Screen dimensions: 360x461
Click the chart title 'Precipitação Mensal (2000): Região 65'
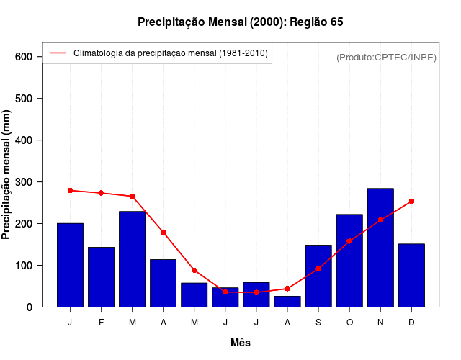pos(241,22)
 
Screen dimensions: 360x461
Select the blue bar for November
pos(380,248)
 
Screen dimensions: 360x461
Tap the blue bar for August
pos(287,302)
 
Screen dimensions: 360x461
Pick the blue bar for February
pos(101,277)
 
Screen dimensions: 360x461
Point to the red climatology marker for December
pos(411,202)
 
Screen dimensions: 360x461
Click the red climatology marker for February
pos(101,193)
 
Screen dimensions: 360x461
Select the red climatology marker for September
pos(318,269)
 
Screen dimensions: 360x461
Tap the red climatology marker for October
pos(349,241)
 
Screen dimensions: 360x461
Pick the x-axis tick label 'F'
pos(101,323)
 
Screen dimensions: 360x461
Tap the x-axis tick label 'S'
pos(318,323)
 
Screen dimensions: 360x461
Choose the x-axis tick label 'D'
pos(411,323)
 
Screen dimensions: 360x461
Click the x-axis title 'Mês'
pos(241,343)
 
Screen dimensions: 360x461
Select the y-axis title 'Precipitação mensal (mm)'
pos(7,174)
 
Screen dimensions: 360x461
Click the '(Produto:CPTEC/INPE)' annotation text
pos(387,57)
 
